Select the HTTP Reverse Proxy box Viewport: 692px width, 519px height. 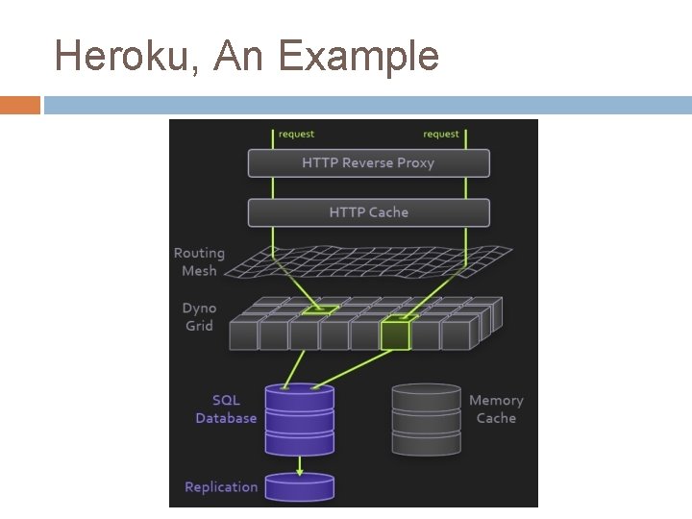click(368, 163)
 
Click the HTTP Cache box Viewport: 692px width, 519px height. click(368, 212)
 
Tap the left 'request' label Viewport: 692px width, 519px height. click(296, 135)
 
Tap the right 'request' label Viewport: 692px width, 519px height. click(441, 135)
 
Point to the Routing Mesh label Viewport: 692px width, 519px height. click(199, 261)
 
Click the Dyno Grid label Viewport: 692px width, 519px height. click(199, 317)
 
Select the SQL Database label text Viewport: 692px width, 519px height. click(226, 408)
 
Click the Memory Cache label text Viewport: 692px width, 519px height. click(496, 408)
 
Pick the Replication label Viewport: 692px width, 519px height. click(221, 487)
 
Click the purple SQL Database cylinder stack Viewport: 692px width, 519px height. click(299, 419)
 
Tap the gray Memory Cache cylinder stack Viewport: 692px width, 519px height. click(426, 419)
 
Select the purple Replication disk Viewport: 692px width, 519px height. click(299, 485)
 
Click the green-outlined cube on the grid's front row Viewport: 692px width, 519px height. click(395, 334)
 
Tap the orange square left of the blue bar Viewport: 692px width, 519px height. click(19, 105)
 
